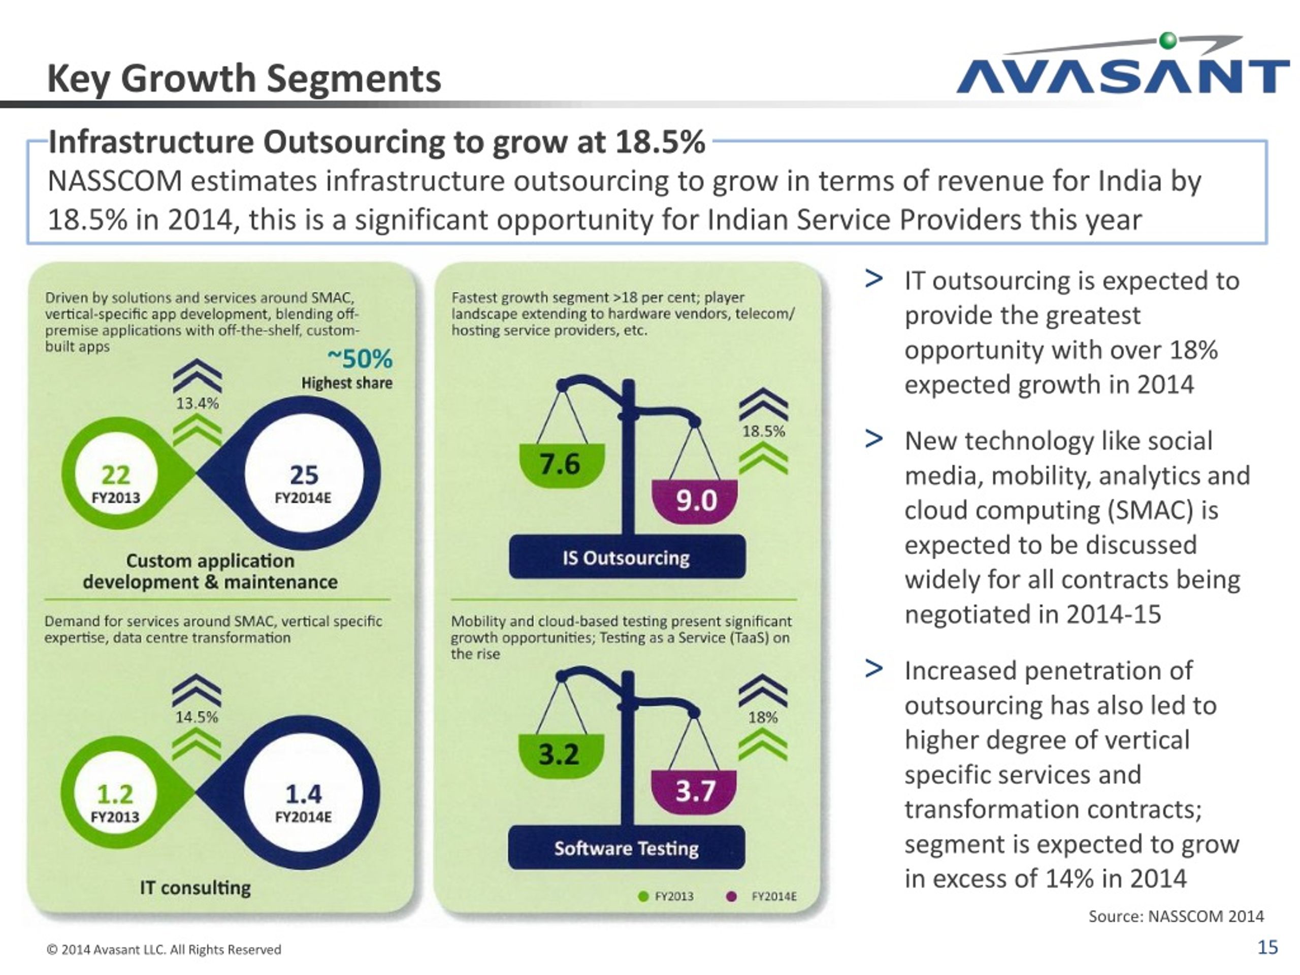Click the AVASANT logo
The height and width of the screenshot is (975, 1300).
(x=1122, y=64)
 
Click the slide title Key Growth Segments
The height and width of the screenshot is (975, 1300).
(x=244, y=78)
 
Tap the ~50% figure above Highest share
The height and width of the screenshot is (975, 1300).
(x=360, y=359)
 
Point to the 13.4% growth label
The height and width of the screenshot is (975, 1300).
(x=198, y=403)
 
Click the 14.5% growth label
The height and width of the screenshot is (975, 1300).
(x=197, y=717)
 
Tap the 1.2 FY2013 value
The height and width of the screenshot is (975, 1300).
(x=115, y=803)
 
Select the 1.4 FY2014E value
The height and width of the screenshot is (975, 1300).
(x=303, y=803)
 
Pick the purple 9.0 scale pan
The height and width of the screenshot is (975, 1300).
(x=695, y=501)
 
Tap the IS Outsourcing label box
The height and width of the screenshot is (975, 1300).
(x=627, y=557)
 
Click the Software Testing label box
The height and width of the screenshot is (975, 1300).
(x=627, y=848)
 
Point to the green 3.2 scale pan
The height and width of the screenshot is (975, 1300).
(x=561, y=756)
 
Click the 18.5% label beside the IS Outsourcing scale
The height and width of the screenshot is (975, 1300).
(x=763, y=431)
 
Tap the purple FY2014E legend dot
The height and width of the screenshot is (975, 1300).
(x=732, y=897)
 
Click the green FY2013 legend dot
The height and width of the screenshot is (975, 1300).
(x=643, y=897)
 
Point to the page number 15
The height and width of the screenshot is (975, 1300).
(x=1267, y=948)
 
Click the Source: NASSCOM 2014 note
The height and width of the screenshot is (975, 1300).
(x=1176, y=916)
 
